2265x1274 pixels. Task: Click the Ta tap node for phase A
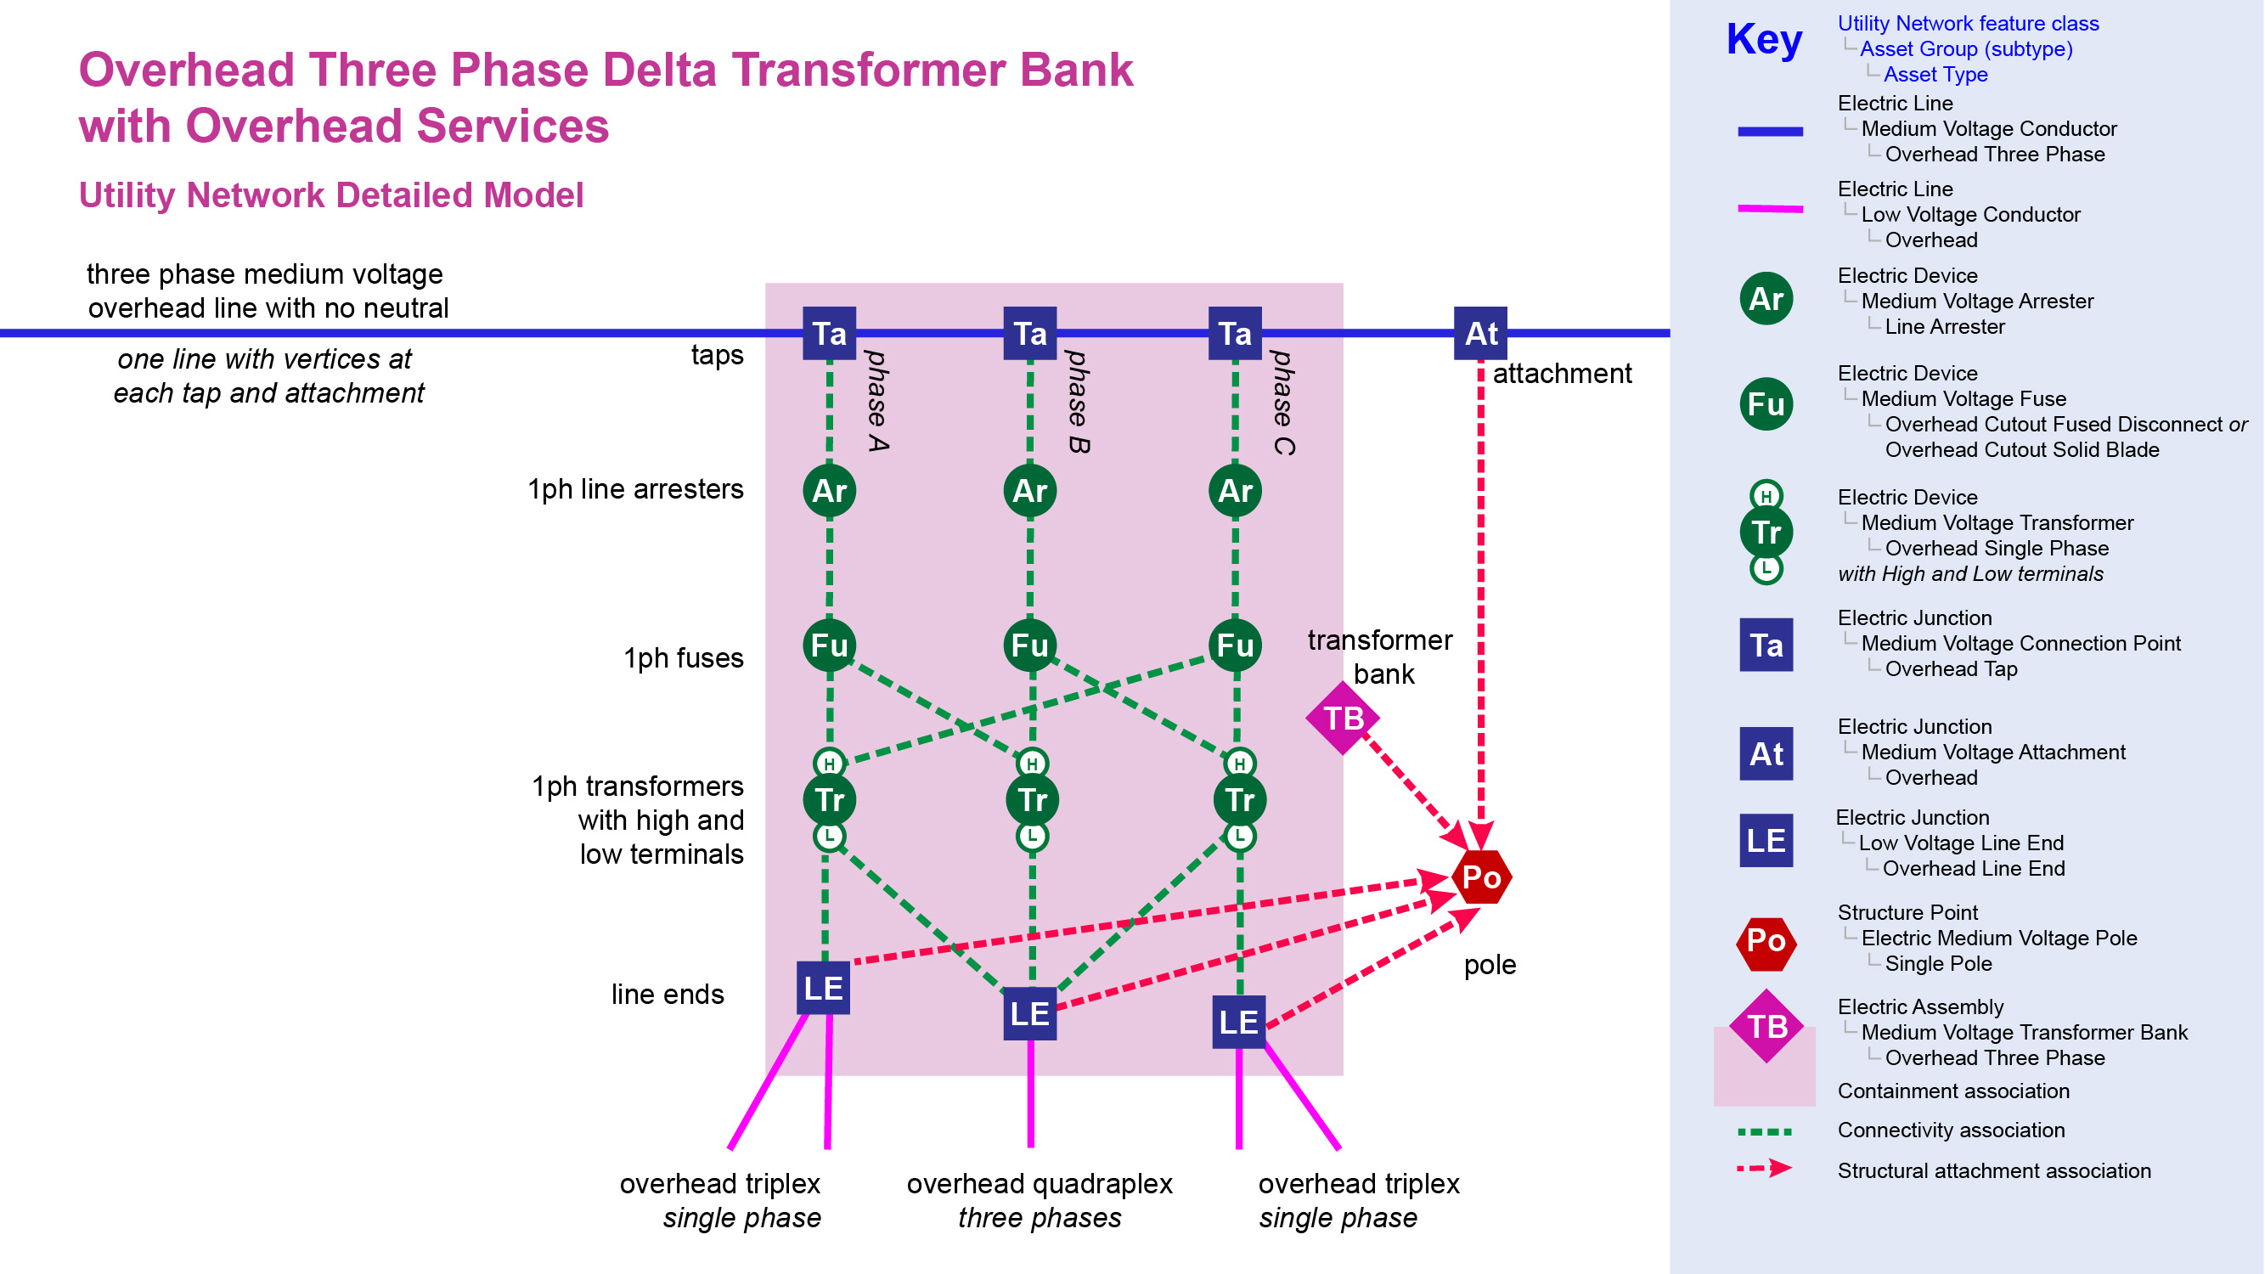829,333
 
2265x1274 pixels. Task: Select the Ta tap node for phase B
1029,333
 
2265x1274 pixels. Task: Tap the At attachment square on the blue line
1480,333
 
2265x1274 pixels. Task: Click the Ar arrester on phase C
1235,491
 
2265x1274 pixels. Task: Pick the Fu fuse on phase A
829,645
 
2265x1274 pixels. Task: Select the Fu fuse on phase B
1029,645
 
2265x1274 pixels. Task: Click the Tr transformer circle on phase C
1240,799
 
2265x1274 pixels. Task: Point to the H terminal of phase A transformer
829,764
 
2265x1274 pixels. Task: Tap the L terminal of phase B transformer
1031,835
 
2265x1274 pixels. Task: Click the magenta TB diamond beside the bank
1343,719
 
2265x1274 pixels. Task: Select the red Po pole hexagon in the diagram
1482,877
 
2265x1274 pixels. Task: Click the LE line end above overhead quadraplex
1029,1014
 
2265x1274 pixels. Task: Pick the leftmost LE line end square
823,988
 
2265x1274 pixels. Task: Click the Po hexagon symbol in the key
1766,942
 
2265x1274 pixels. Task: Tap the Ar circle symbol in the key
1766,299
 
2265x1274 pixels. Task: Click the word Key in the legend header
1764,40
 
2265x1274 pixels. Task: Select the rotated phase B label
1077,402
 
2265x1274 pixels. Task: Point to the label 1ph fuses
683,657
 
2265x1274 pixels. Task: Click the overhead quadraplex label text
1040,1183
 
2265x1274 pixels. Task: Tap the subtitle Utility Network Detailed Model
330,195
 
